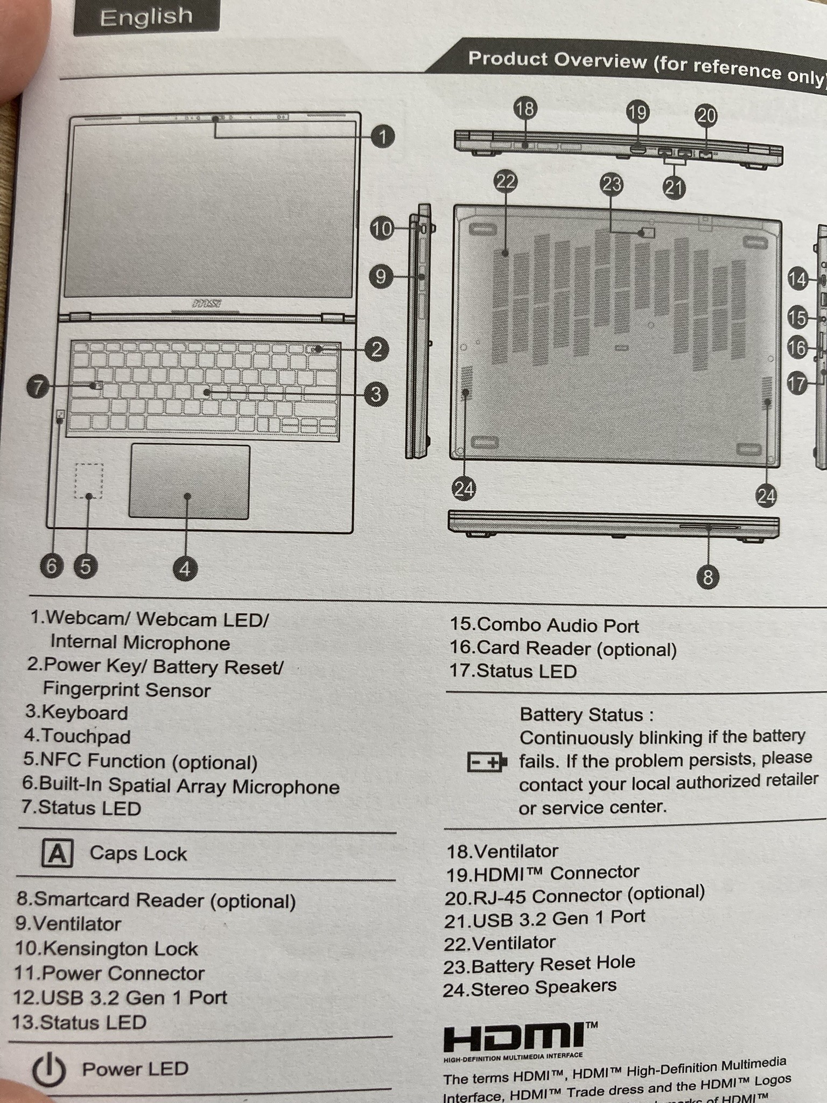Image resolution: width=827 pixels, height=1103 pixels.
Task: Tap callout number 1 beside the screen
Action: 383,136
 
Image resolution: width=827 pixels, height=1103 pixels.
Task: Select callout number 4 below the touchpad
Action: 185,569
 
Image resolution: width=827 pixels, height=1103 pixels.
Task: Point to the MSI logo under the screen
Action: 207,304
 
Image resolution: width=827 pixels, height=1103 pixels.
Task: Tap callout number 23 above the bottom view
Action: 612,185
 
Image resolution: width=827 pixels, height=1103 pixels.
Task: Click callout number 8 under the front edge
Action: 708,577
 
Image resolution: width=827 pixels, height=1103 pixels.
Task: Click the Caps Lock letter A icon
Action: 57,854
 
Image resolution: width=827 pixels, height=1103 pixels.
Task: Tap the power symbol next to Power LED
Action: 49,1070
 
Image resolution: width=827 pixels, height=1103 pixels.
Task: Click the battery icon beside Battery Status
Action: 486,762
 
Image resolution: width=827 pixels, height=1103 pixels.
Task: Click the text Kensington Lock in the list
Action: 120,948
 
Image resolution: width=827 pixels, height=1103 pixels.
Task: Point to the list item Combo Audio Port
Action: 557,625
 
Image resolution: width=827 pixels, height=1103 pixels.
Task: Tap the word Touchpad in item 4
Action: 86,736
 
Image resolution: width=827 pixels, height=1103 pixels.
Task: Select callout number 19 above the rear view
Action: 637,113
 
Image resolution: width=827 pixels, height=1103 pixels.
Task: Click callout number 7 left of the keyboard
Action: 38,387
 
